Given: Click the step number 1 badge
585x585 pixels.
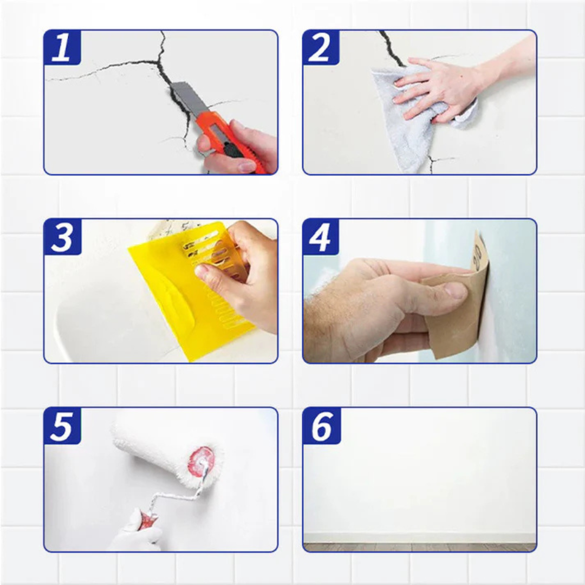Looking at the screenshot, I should [x=62, y=48].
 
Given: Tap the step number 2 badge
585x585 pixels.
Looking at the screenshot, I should [x=321, y=48].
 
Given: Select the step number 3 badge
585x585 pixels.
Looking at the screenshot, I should [x=62, y=237].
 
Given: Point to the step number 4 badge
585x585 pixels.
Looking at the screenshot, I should [x=321, y=237].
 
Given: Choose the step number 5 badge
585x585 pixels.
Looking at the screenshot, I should [x=62, y=426].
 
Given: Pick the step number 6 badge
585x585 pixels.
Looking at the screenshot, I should [x=321, y=426].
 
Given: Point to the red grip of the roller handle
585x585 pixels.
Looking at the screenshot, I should [x=147, y=520].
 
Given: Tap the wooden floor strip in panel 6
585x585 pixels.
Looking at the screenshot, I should [x=420, y=547].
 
